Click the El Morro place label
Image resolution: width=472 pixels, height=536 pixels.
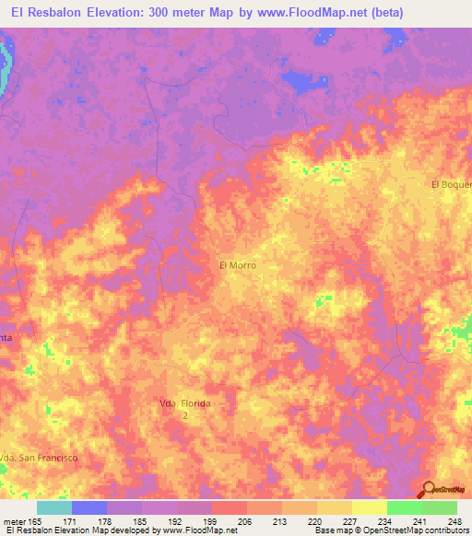coord(236,265)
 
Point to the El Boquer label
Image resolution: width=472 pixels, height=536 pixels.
coord(451,184)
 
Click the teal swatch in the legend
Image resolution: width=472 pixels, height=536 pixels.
coord(54,507)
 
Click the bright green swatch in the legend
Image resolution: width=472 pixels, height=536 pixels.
coord(404,507)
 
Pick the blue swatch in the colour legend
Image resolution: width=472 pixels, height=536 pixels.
coord(89,507)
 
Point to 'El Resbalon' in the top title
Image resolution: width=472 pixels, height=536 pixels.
coord(50,14)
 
